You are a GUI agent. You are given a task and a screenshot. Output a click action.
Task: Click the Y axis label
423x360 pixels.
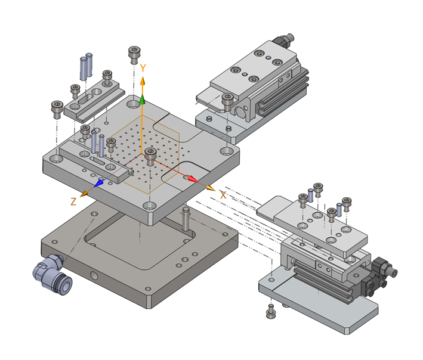click(x=143, y=68)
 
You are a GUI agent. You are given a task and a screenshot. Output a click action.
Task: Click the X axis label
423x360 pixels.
click(x=223, y=195)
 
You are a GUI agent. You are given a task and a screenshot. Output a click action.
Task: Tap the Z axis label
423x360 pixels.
click(x=73, y=201)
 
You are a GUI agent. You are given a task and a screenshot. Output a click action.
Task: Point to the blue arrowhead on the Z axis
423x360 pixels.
click(x=98, y=184)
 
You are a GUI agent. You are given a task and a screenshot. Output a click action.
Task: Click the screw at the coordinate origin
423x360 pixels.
click(x=150, y=157)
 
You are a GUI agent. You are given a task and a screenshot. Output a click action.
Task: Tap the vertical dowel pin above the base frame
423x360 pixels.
click(x=186, y=219)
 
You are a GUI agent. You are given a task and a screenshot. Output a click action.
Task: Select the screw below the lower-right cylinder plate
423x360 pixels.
click(x=271, y=311)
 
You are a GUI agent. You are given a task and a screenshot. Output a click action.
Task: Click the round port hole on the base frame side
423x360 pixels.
click(x=94, y=276)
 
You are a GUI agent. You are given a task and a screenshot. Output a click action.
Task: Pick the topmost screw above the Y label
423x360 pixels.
click(x=134, y=55)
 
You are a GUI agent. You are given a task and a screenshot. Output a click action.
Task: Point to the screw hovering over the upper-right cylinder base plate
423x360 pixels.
click(x=228, y=102)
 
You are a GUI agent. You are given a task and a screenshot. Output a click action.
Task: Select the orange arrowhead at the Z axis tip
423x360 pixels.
click(x=85, y=193)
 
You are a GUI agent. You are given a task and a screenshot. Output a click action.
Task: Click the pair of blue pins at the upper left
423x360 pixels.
click(x=87, y=67)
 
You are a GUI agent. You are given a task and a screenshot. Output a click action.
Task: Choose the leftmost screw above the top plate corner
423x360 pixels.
click(x=57, y=110)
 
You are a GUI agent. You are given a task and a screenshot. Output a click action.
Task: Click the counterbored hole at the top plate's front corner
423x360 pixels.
click(x=150, y=206)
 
